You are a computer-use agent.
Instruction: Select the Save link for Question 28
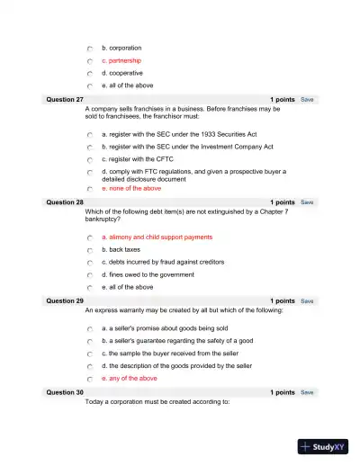point(307,202)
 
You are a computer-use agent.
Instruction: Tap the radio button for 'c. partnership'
point(90,61)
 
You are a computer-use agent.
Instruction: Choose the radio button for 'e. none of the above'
point(90,189)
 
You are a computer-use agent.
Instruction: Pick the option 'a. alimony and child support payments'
point(157,237)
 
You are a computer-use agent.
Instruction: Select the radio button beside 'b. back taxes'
point(90,250)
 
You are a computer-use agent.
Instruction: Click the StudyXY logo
point(324,446)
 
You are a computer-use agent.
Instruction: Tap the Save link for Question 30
point(307,392)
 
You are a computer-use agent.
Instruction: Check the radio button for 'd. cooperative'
point(90,74)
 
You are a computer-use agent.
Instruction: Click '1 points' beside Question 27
point(282,99)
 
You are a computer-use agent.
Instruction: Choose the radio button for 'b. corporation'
point(90,49)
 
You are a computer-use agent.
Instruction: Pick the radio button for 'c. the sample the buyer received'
point(90,354)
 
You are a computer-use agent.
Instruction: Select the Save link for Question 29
point(307,300)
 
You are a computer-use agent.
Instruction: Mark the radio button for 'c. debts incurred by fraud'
point(90,263)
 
